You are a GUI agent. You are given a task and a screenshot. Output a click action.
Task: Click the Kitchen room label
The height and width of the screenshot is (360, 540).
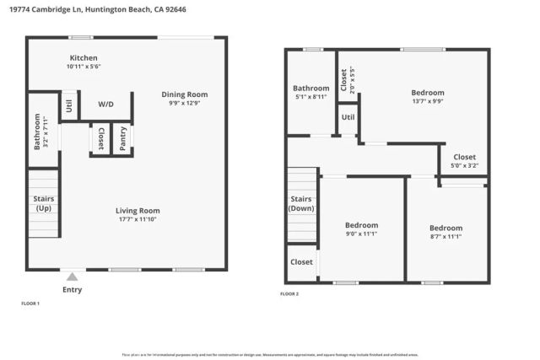tap(84, 58)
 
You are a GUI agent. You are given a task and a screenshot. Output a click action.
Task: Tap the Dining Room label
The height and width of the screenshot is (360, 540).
tap(184, 94)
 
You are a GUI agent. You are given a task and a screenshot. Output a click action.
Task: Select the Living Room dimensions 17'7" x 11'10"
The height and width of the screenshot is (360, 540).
tap(138, 219)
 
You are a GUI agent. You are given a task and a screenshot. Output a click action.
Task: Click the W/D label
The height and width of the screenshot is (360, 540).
tap(106, 105)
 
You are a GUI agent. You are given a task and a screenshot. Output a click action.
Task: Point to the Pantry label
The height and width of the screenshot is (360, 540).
tap(123, 139)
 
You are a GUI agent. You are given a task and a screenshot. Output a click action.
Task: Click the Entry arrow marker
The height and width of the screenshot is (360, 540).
tap(73, 276)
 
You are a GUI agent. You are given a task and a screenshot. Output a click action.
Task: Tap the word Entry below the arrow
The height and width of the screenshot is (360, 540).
tap(73, 290)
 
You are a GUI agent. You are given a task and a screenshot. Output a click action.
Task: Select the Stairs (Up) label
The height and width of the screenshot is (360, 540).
tap(42, 203)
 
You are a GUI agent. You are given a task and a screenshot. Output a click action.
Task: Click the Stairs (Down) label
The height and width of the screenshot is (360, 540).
tap(302, 204)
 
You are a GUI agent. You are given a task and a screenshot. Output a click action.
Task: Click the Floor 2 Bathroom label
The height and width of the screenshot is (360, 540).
tap(310, 88)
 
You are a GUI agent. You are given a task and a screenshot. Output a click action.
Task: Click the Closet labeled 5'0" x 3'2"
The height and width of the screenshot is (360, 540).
tap(464, 157)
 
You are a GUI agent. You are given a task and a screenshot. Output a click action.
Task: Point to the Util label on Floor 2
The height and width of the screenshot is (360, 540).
tap(348, 117)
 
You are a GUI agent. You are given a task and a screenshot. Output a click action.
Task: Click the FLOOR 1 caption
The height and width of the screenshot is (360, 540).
tap(30, 302)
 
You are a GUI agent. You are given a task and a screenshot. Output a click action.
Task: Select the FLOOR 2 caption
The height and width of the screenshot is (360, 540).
tap(289, 293)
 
